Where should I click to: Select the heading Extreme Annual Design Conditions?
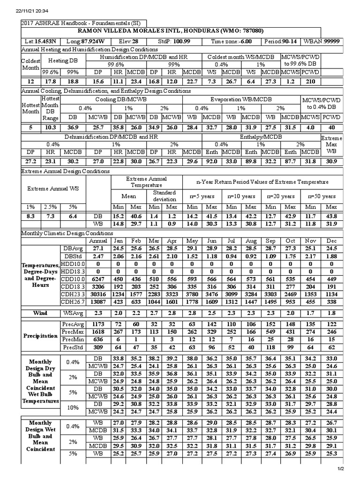click(x=66, y=171)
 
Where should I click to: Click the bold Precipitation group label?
click(x=39, y=337)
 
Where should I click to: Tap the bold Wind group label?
click(x=39, y=312)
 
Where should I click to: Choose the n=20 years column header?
click(x=281, y=196)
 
